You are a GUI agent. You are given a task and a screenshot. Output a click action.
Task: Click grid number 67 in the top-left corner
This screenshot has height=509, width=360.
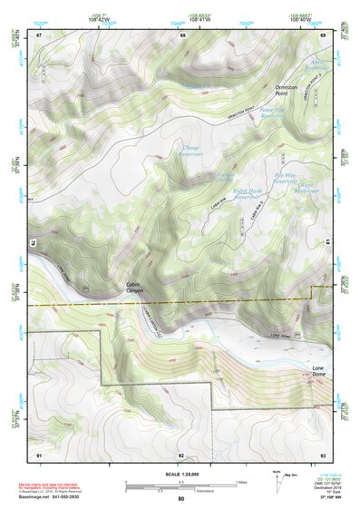click(x=39, y=34)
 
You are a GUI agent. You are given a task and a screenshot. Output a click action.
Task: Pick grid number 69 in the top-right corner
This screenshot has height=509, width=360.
click(x=325, y=34)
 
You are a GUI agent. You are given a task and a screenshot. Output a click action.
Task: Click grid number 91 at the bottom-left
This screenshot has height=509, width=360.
click(x=39, y=454)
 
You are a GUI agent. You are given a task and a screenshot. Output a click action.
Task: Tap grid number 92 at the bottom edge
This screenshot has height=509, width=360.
click(x=181, y=454)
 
